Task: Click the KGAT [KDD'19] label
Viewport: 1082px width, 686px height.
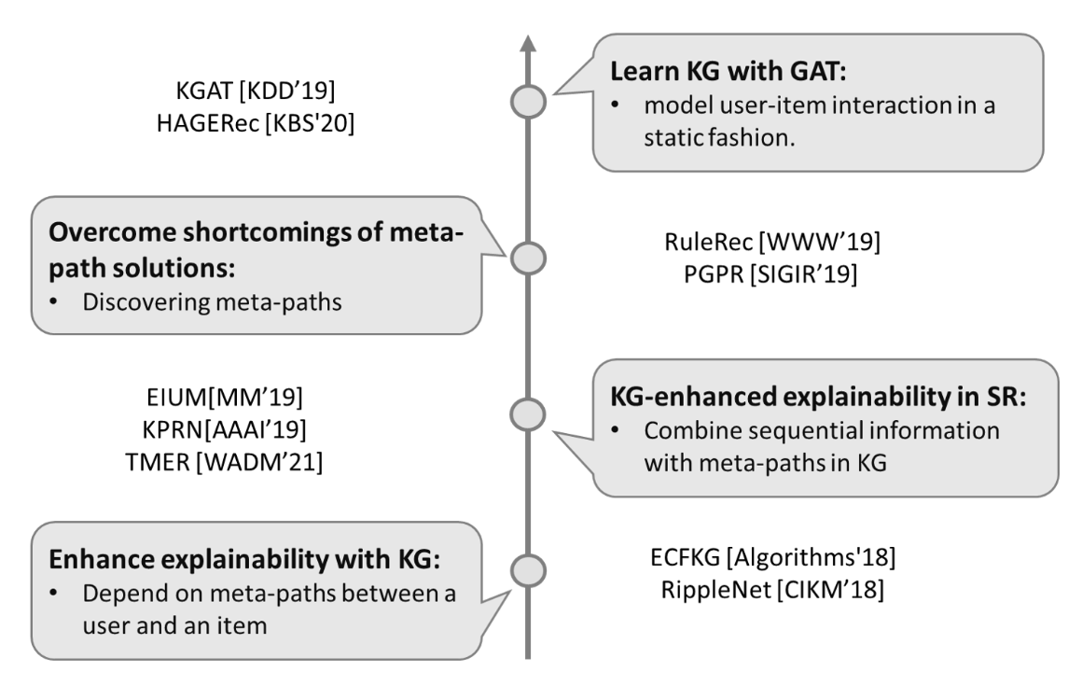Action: pyautogui.click(x=256, y=91)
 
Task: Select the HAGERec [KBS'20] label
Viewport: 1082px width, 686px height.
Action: pyautogui.click(x=256, y=123)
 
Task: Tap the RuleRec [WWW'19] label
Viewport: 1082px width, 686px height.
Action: pyautogui.click(x=772, y=242)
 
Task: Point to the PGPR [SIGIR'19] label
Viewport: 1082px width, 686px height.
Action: pyautogui.click(x=770, y=274)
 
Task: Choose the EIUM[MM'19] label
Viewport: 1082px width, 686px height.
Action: pyautogui.click(x=225, y=397)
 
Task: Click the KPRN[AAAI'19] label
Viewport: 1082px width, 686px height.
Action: pyautogui.click(x=224, y=429)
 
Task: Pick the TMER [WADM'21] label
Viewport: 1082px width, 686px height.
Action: pyautogui.click(x=224, y=462)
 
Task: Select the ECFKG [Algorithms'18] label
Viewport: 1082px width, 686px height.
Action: pyautogui.click(x=773, y=557)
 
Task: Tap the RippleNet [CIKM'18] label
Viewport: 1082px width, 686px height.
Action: pyautogui.click(x=772, y=589)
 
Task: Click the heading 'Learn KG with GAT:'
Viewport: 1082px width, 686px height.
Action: pyautogui.click(x=728, y=71)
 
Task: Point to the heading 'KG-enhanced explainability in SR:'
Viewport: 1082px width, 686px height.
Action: pyautogui.click(x=818, y=396)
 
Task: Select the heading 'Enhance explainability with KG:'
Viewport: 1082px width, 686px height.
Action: pyautogui.click(x=244, y=559)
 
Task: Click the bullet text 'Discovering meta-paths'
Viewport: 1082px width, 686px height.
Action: pyautogui.click(x=212, y=302)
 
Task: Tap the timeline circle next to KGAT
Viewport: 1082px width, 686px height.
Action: pyautogui.click(x=528, y=102)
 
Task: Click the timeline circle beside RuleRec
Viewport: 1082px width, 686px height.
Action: pyautogui.click(x=528, y=259)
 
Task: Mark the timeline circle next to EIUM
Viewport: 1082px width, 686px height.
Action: pyautogui.click(x=528, y=414)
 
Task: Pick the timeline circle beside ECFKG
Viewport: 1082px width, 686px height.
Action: pyautogui.click(x=528, y=571)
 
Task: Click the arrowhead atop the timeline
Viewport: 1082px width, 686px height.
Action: pyautogui.click(x=528, y=43)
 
